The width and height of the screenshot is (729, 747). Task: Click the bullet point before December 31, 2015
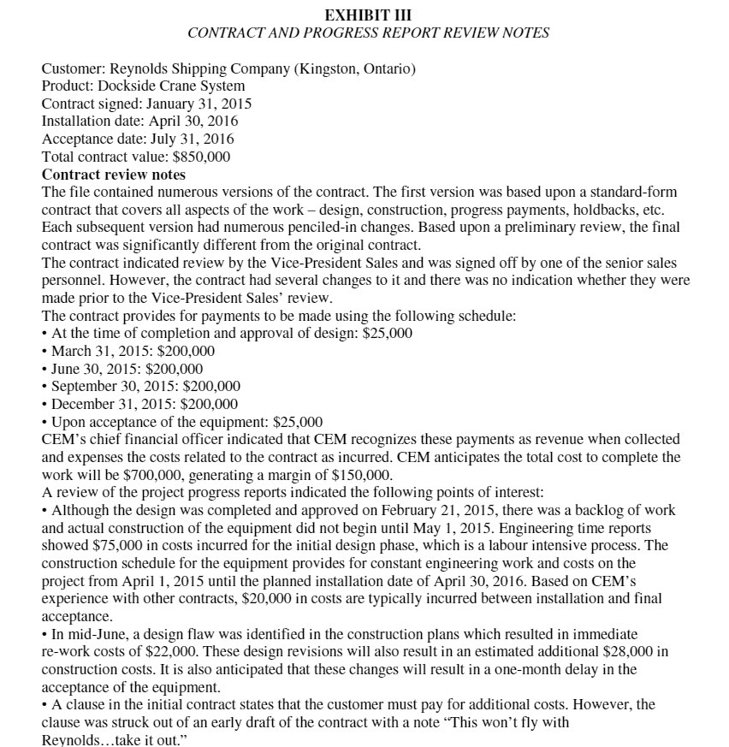(45, 404)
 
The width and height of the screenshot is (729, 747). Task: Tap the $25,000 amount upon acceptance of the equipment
(296, 422)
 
